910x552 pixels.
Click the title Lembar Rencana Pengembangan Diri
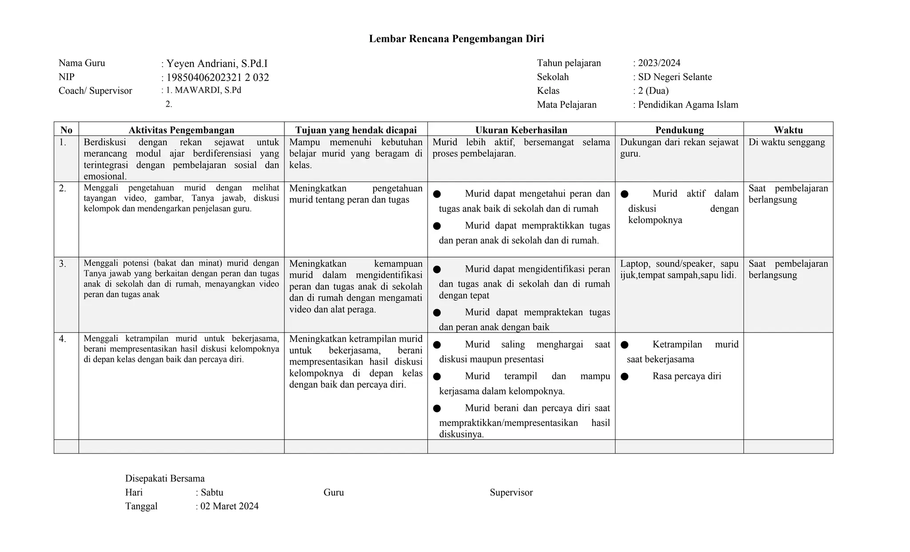(456, 39)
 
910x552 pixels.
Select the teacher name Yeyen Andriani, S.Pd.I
(217, 64)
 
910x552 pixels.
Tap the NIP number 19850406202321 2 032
(217, 78)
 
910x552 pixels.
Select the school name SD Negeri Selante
(675, 77)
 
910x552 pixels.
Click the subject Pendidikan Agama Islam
(688, 105)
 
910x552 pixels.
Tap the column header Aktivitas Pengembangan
(181, 130)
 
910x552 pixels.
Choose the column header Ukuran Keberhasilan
(521, 130)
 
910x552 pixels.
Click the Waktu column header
(788, 130)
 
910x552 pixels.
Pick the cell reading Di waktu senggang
(786, 142)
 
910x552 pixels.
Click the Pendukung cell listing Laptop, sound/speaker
(679, 269)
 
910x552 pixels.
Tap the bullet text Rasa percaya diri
(686, 376)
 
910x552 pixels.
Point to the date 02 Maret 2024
(229, 506)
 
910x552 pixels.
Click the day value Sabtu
(212, 492)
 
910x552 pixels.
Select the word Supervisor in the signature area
(511, 492)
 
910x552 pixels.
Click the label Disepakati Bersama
(165, 478)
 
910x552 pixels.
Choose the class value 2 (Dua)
(653, 91)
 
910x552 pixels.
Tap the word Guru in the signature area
(333, 492)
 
